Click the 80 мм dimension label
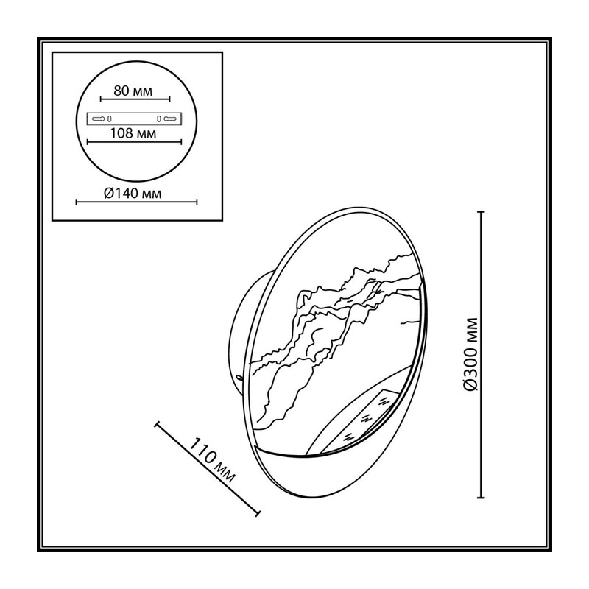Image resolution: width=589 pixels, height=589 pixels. (133, 91)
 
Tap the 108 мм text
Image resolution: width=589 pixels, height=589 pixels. (133, 133)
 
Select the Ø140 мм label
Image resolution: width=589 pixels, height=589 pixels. (133, 194)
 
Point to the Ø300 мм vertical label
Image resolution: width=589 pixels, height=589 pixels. (470, 354)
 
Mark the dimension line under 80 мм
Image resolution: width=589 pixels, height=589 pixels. (135, 99)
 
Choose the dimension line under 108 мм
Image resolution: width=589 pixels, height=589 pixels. (134, 142)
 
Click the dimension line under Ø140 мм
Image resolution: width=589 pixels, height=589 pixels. (136, 202)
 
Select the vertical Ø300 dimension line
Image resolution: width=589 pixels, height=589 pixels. (481, 355)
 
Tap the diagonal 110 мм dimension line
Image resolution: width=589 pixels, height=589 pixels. (208, 468)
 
